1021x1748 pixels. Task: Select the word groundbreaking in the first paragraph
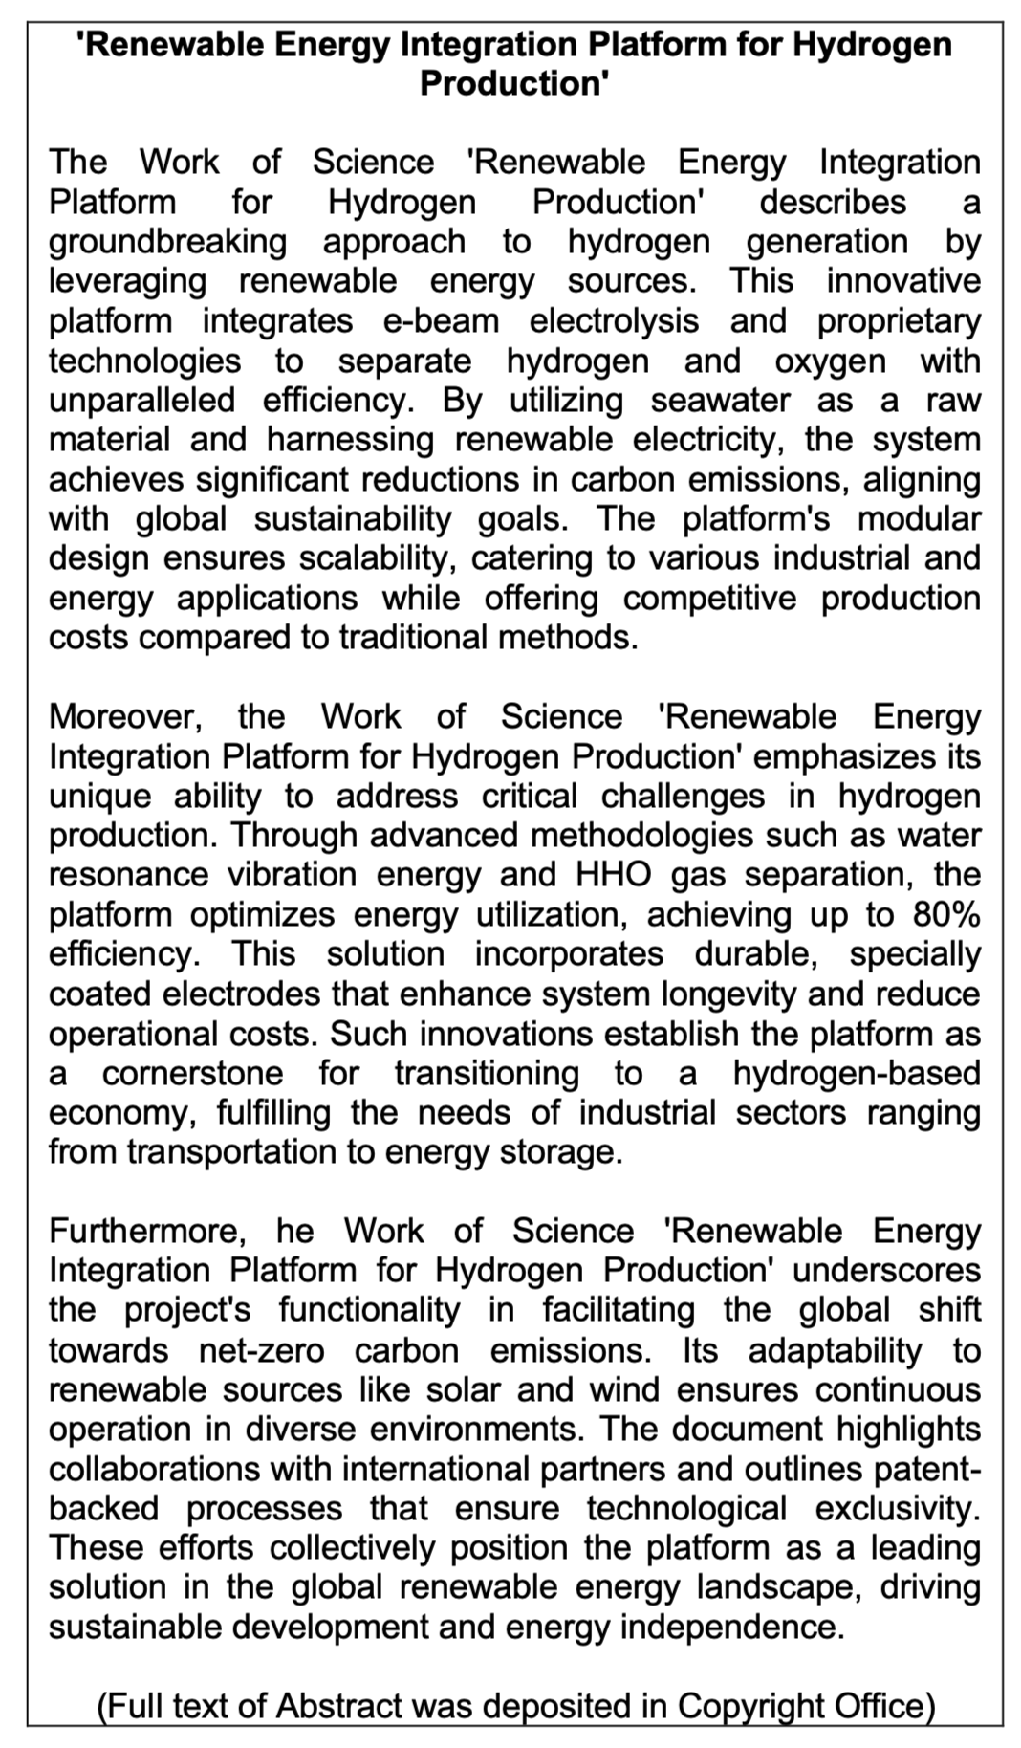pos(167,241)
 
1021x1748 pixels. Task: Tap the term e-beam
pos(441,320)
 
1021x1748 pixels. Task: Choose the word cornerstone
pos(192,1073)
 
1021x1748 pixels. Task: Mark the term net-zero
pos(261,1349)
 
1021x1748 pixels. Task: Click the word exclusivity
pos(898,1508)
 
